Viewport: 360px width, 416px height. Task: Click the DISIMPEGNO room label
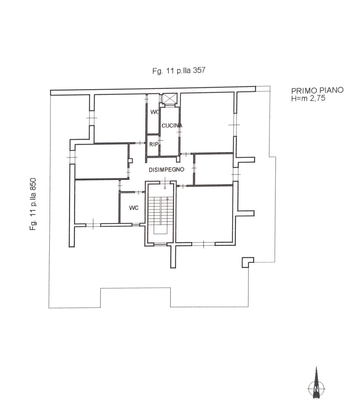pyautogui.click(x=166, y=170)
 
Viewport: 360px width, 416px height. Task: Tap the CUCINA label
pyautogui.click(x=172, y=126)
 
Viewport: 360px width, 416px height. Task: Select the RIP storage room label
pyautogui.click(x=154, y=144)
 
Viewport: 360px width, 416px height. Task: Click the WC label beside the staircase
pyautogui.click(x=134, y=208)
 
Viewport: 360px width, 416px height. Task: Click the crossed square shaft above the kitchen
pyautogui.click(x=170, y=98)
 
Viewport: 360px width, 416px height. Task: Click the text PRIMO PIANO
pyautogui.click(x=317, y=90)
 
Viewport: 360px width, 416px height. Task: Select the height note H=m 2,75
pyautogui.click(x=308, y=98)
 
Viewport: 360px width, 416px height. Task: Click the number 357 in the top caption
pyautogui.click(x=199, y=70)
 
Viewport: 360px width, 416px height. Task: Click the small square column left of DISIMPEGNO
pyautogui.click(x=131, y=161)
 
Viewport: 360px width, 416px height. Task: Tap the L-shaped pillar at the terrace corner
pyautogui.click(x=248, y=262)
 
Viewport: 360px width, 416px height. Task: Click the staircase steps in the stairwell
pyautogui.click(x=160, y=211)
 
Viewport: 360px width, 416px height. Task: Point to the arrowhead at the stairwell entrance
pyautogui.click(x=165, y=188)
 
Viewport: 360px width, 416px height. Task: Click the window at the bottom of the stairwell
pyautogui.click(x=160, y=244)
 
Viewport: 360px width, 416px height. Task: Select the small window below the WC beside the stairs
pyautogui.click(x=136, y=224)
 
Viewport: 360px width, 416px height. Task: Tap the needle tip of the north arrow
pyautogui.click(x=316, y=367)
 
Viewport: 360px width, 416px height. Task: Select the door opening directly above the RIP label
pyautogui.click(x=160, y=140)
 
